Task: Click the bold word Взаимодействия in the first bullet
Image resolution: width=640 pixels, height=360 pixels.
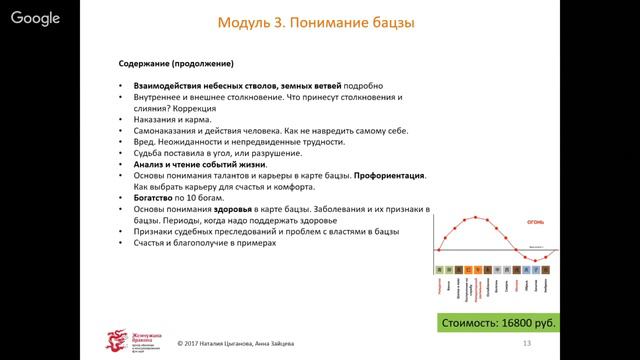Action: [x=166, y=86]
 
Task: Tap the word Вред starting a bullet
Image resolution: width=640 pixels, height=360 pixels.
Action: [x=144, y=142]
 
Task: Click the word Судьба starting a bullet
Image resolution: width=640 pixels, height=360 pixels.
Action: [x=149, y=153]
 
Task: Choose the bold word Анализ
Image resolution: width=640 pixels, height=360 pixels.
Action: [x=150, y=165]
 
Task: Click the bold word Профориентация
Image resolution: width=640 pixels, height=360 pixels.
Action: [x=391, y=176]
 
